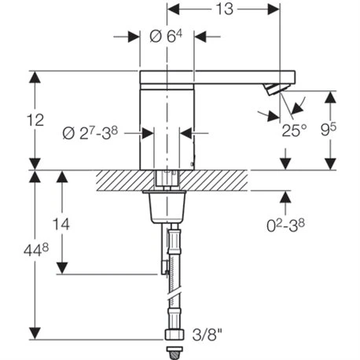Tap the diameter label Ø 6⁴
[x=166, y=36]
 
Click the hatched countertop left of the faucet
[x=118, y=181]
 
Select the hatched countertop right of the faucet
[x=220, y=181]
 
